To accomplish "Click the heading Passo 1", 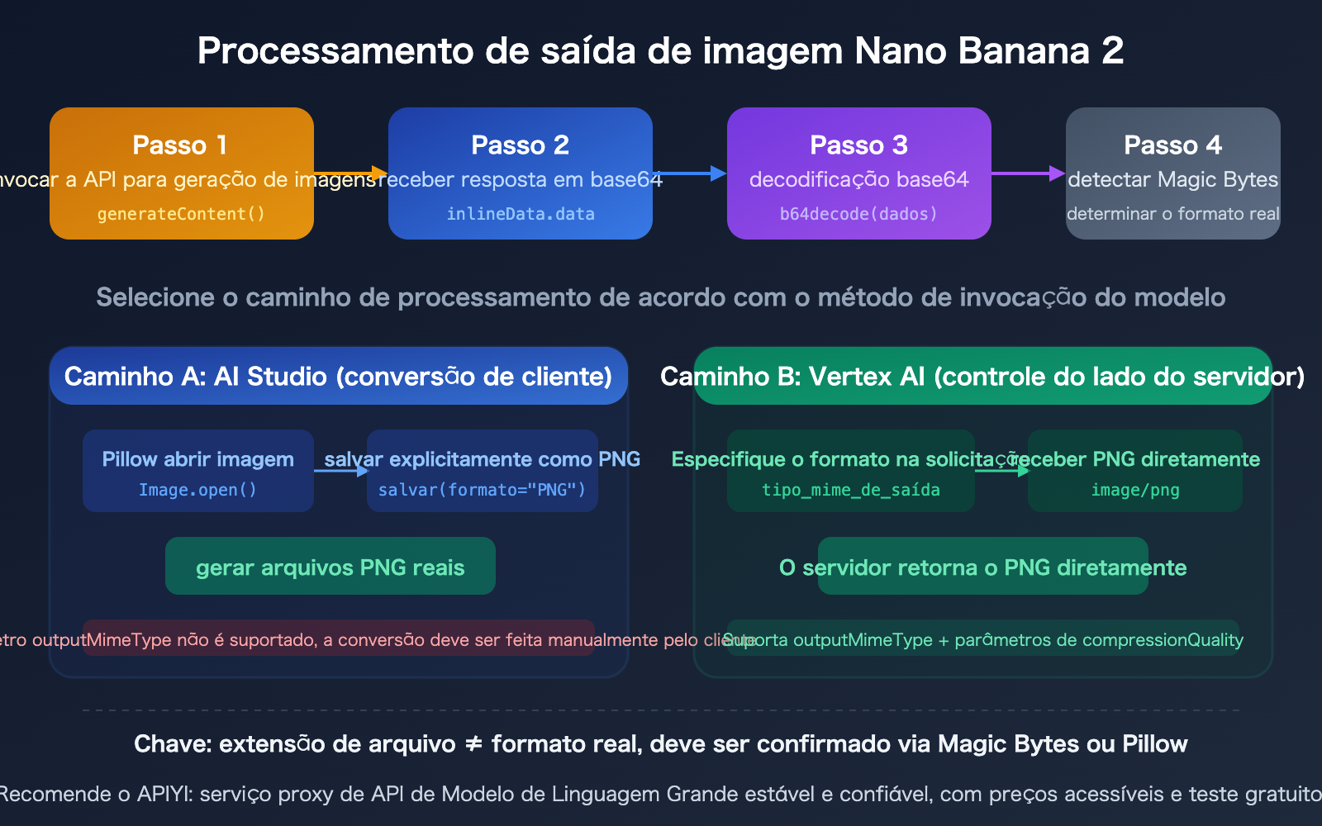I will click(x=180, y=145).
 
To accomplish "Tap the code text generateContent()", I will click(x=181, y=214).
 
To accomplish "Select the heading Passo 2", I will click(x=520, y=145).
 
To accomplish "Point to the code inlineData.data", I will click(x=520, y=214).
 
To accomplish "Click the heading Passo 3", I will click(x=858, y=145).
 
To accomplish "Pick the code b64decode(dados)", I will click(x=858, y=214).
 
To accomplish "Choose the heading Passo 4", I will click(x=1172, y=145).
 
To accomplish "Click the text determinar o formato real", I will click(x=1172, y=214).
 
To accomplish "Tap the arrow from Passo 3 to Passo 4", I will click(x=1028, y=173).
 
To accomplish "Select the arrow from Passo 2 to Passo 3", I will click(x=689, y=173).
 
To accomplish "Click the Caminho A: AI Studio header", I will click(x=338, y=377).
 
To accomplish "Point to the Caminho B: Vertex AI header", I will click(x=982, y=377).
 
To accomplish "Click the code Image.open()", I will click(x=197, y=490).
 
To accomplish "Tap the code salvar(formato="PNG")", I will click(x=482, y=490).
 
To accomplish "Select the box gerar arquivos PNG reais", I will click(x=330, y=567).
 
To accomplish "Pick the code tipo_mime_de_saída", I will click(x=850, y=490).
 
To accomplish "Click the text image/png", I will click(x=1135, y=490).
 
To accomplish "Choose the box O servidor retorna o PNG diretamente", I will click(x=982, y=567).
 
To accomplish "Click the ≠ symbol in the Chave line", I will click(x=473, y=744).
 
